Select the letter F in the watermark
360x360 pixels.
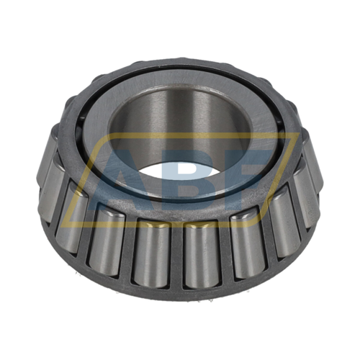[245, 176]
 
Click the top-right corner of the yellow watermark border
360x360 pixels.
[299, 133]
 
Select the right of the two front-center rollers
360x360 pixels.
[202, 254]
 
